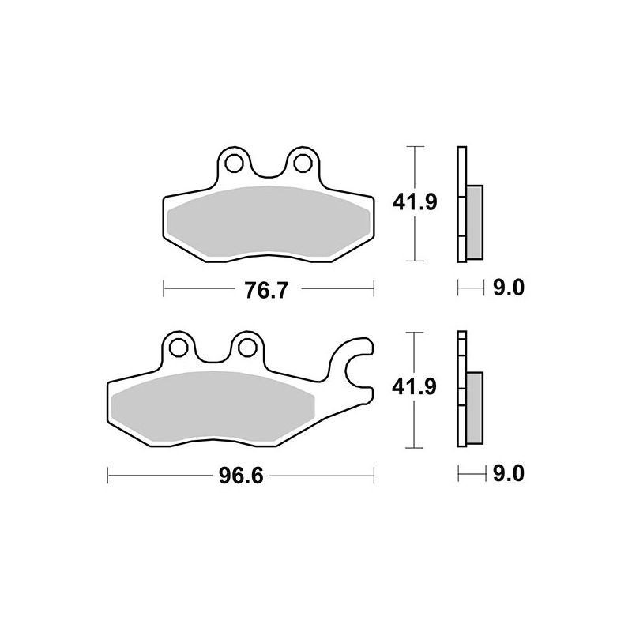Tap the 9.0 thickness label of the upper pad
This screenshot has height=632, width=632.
coord(509,289)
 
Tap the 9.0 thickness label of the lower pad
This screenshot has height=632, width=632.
coord(509,475)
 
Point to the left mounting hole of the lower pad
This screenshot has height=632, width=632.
coord(178,347)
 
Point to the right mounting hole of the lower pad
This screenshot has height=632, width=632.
coord(247,347)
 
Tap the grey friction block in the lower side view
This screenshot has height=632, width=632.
coord(474,408)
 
